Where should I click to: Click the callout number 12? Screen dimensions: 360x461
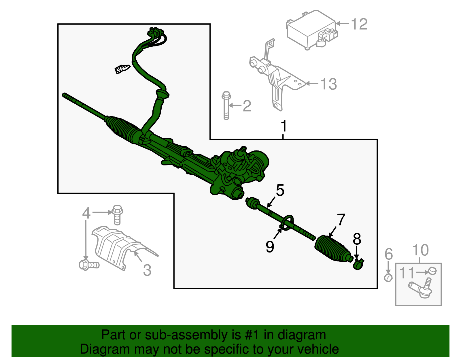tap(359, 24)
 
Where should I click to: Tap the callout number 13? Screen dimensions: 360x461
tap(328, 84)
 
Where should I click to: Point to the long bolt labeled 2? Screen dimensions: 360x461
tap(226, 106)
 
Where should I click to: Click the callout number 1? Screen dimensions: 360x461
tap(284, 126)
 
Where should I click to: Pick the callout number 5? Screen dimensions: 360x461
tap(280, 191)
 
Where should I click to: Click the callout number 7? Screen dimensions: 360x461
tap(341, 220)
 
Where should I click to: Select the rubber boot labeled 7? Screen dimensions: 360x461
tap(333, 249)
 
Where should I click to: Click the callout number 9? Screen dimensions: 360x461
tap(270, 247)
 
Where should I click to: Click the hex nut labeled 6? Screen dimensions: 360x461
tap(388, 278)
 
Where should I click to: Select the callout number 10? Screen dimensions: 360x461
tap(420, 250)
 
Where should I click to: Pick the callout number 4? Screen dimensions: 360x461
tap(86, 213)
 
